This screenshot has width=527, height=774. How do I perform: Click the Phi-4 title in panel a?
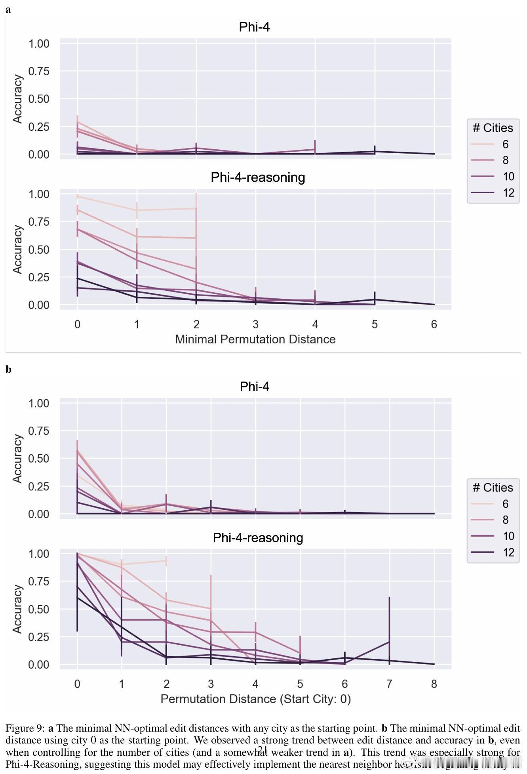(x=254, y=27)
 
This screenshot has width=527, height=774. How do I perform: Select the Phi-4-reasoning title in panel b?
(x=258, y=538)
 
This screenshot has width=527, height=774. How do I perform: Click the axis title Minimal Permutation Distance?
(x=255, y=339)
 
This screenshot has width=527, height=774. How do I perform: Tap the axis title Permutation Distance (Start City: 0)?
(x=255, y=699)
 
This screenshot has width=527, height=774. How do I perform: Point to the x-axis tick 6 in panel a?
(x=434, y=324)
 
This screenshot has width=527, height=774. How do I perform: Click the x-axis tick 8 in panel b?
(x=434, y=684)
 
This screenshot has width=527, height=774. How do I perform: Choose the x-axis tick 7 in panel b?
(x=389, y=684)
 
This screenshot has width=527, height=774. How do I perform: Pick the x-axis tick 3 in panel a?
(x=255, y=324)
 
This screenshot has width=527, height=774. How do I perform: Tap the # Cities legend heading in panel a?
(x=493, y=128)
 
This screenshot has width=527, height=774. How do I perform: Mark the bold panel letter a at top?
(x=8, y=10)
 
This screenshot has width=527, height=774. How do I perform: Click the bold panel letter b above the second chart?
(x=9, y=370)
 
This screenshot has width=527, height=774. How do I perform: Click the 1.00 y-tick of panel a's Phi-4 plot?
(x=38, y=44)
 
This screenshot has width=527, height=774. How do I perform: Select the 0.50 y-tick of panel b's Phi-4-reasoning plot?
(x=38, y=609)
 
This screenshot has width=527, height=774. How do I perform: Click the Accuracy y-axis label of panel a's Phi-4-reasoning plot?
(x=17, y=249)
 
